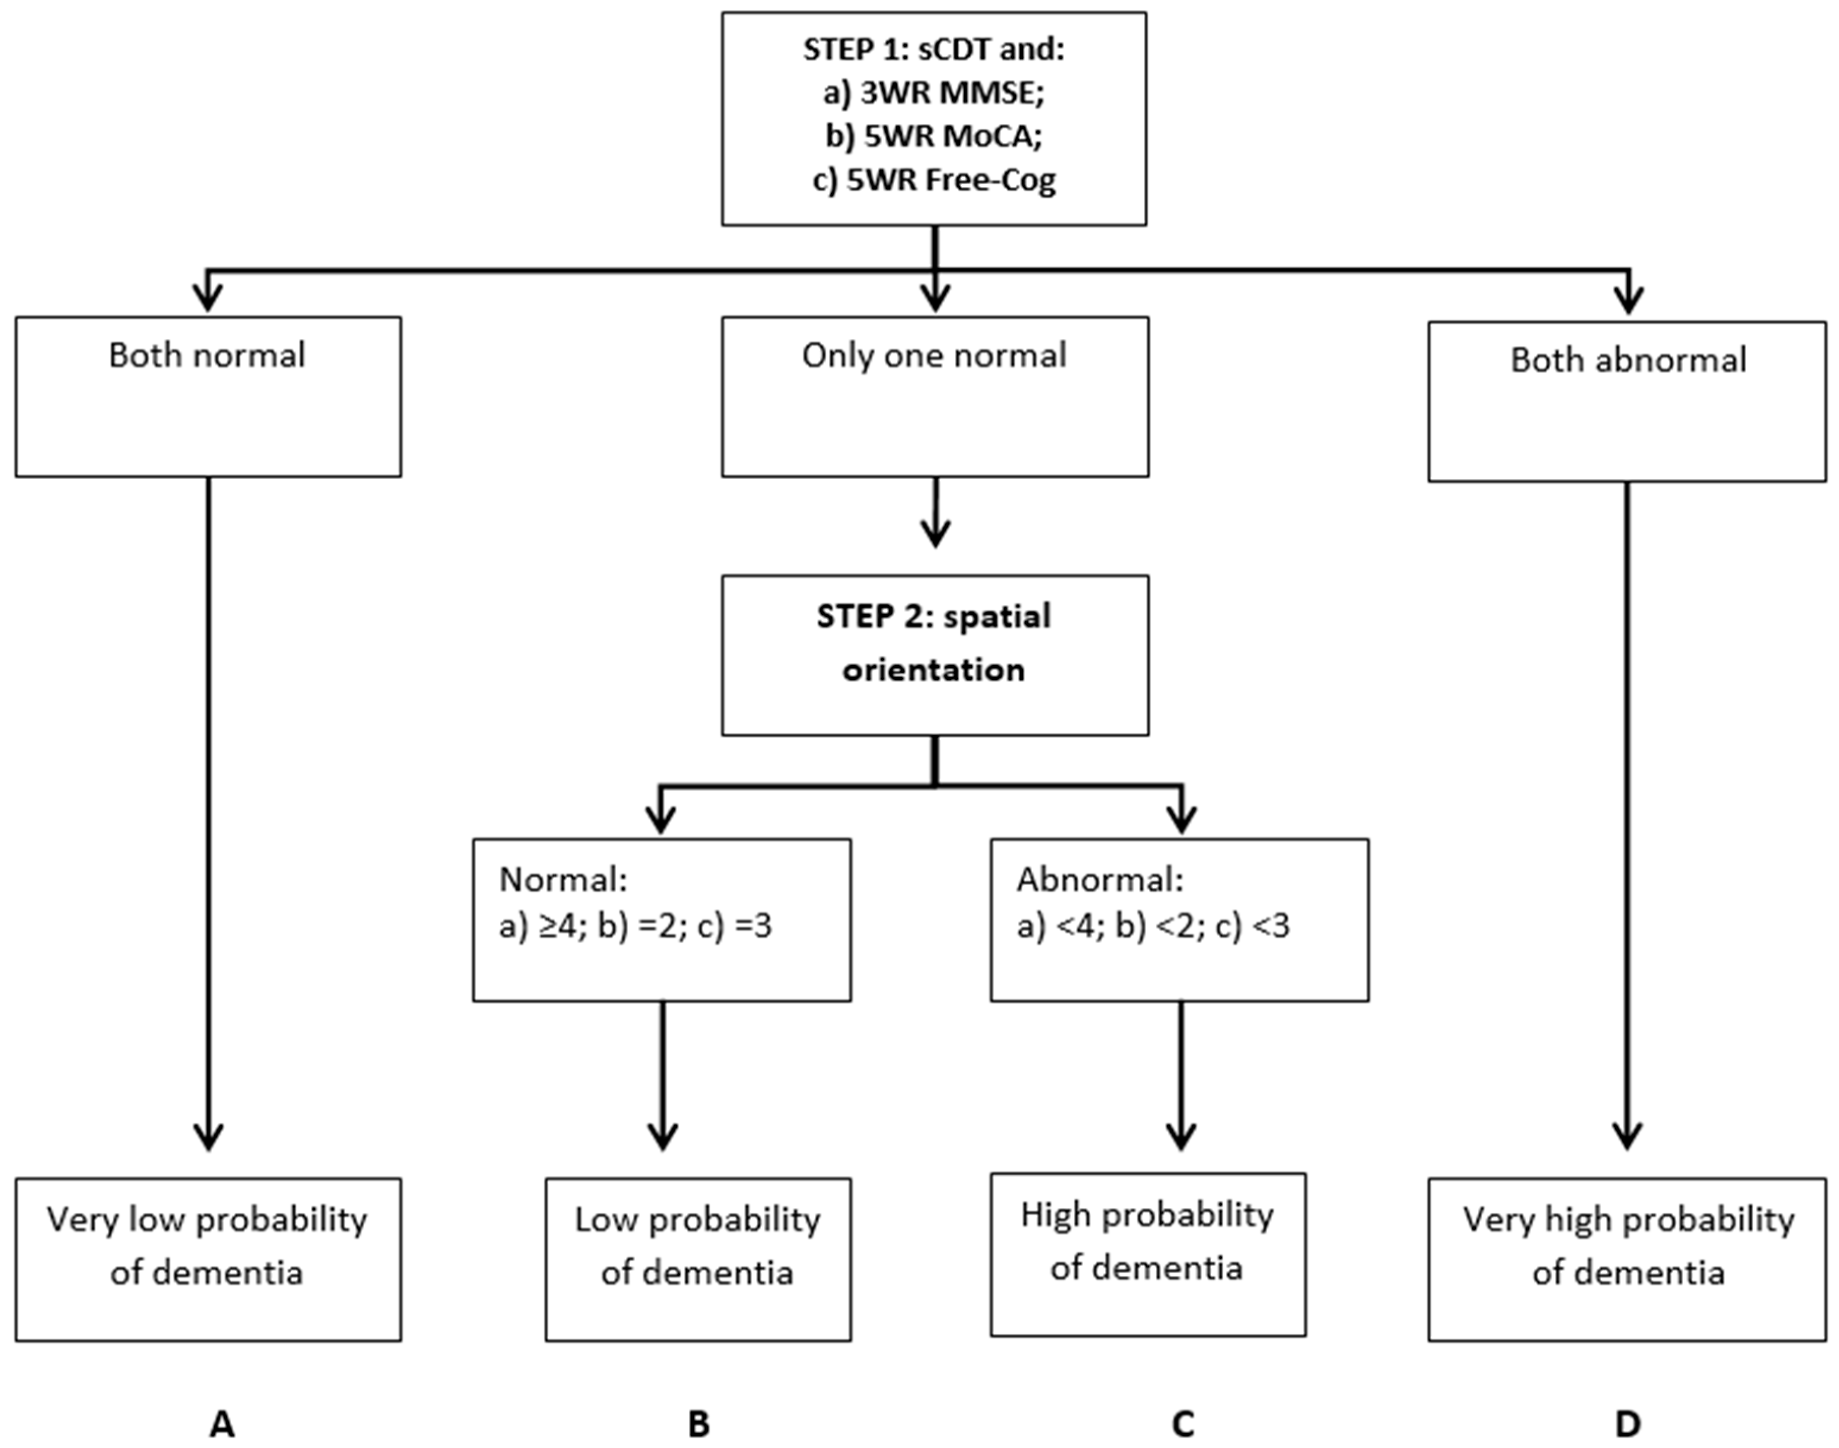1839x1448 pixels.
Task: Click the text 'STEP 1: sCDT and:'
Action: tap(933, 49)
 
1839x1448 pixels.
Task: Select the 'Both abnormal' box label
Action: tap(1627, 360)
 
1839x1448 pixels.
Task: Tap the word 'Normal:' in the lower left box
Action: tap(563, 880)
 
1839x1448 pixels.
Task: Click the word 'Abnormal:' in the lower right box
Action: tap(1099, 880)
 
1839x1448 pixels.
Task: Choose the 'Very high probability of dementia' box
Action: tap(1627, 1246)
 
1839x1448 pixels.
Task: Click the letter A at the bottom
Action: tap(221, 1424)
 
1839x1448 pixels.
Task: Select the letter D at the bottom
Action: tap(1627, 1424)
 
